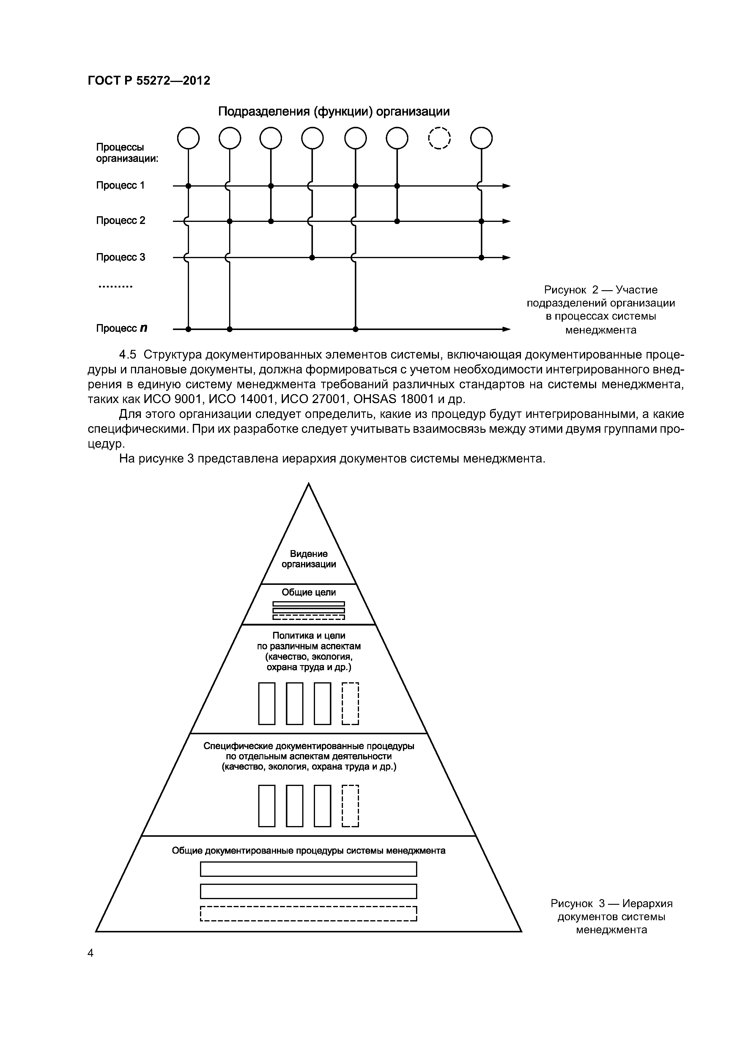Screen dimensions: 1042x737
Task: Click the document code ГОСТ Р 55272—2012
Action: coord(149,81)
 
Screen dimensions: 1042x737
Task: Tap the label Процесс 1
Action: coord(120,185)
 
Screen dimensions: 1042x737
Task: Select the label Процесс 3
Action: coord(120,257)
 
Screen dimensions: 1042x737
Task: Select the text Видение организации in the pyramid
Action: coord(309,559)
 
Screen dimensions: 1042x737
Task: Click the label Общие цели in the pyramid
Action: coord(309,592)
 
